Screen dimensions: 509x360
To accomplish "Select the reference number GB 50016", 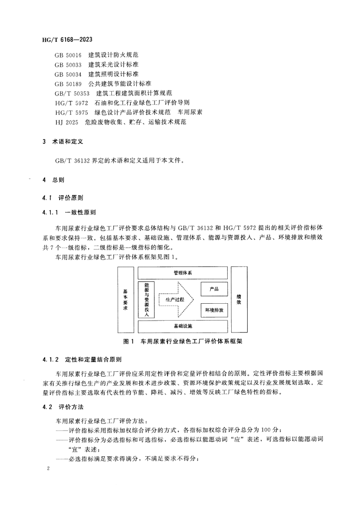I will tap(69, 55).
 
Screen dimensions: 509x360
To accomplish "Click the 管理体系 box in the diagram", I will tap(182, 273).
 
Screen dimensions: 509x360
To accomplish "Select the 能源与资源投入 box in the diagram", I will tap(147, 300).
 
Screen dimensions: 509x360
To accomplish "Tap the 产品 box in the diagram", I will tap(214, 289).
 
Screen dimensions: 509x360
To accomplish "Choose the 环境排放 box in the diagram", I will tap(214, 311).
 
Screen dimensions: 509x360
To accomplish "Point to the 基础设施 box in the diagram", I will tap(182, 326).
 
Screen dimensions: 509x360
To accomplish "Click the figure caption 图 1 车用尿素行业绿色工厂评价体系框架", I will tap(182, 341).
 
